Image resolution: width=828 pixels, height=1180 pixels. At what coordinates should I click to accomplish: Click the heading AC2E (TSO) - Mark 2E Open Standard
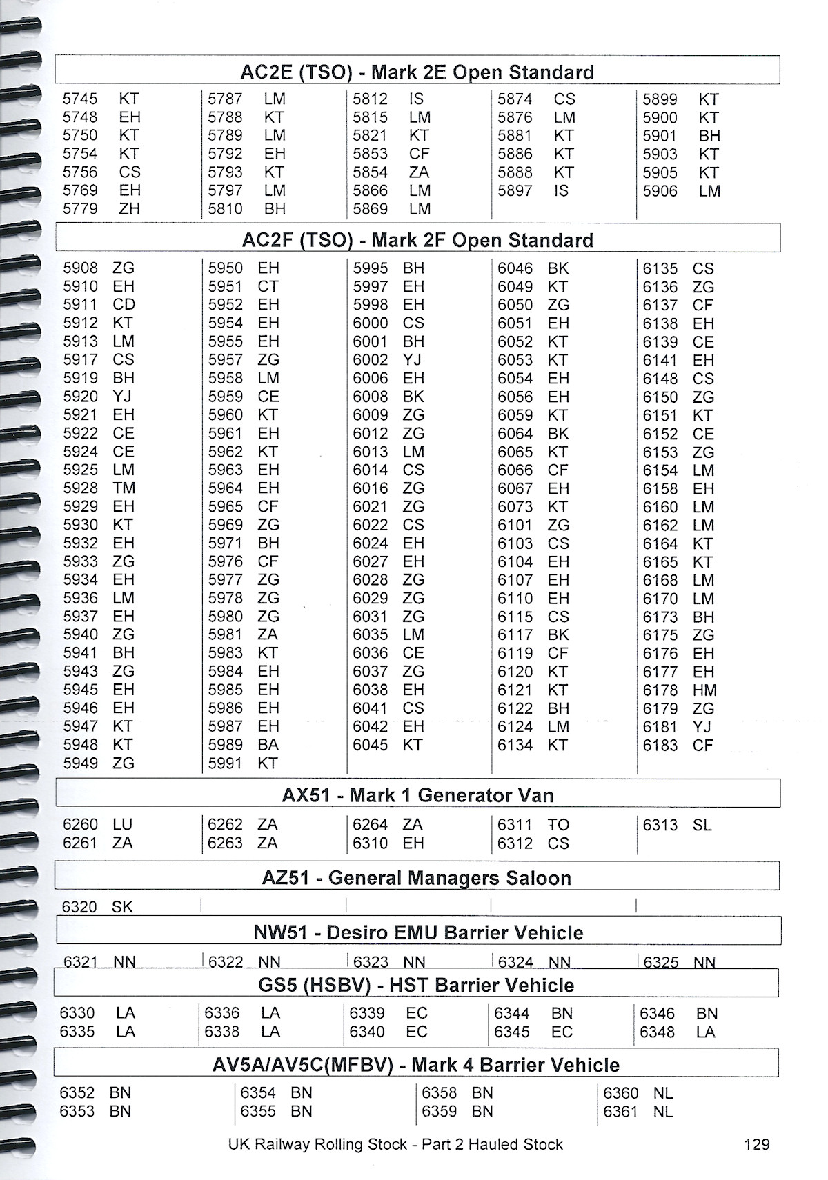point(417,72)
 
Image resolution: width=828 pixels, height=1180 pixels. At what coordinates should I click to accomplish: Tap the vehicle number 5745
point(80,99)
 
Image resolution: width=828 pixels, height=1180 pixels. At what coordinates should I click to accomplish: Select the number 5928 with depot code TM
point(80,488)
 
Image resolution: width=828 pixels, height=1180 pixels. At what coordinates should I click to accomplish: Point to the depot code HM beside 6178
point(704,690)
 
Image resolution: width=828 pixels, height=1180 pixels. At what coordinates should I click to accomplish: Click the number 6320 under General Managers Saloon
point(79,907)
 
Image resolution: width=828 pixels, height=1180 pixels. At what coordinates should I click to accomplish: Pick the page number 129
point(757,1144)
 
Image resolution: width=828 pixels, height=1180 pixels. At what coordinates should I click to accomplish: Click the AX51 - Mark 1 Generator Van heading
point(417,795)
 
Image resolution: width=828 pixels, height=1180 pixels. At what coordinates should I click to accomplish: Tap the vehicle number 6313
point(660,825)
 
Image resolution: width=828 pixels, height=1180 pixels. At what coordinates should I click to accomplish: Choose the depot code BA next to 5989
point(268,745)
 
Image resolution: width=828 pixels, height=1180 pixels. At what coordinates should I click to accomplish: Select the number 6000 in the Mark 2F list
point(371,323)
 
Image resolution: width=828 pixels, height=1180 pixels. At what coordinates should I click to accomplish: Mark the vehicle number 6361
point(620,1112)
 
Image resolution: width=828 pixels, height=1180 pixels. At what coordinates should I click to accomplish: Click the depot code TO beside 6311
point(558,825)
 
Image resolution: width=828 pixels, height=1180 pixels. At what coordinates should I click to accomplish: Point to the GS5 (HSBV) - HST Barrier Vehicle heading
point(416,985)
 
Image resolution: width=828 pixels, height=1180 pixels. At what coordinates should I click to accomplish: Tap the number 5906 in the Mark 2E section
point(660,191)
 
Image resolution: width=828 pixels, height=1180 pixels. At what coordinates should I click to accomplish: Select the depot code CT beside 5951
point(268,286)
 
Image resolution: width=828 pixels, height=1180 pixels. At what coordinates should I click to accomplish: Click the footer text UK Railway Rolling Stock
point(317,1144)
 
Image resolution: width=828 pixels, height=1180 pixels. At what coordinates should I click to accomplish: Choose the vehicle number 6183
point(660,746)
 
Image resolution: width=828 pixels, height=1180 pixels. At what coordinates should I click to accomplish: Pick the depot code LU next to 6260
point(123,825)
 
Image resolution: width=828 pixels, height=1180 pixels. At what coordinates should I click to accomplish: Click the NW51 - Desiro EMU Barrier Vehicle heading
point(418,932)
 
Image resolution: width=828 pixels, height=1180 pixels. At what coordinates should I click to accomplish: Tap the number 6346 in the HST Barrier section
point(657,1014)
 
